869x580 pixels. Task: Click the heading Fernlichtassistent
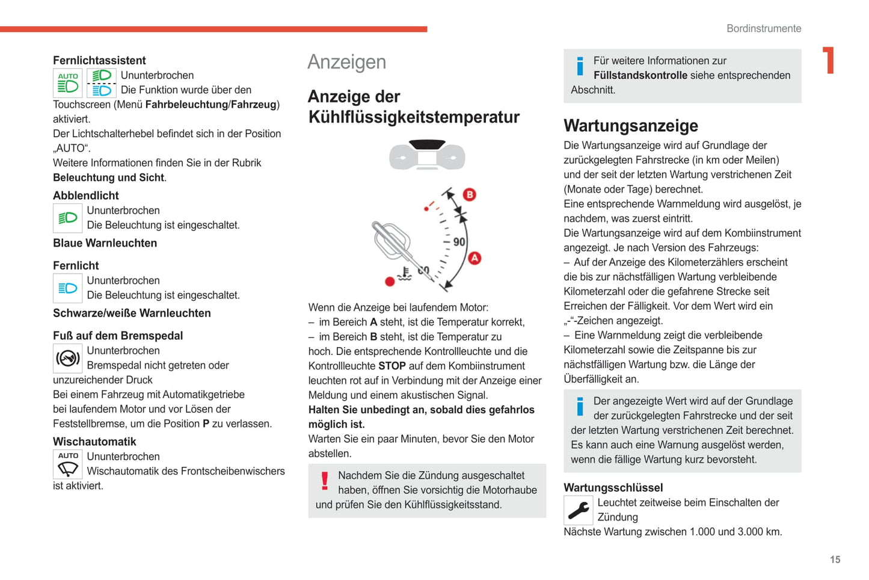[x=99, y=60]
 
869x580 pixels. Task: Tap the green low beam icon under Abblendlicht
[x=68, y=218]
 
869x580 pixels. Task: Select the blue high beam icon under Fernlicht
[x=68, y=288]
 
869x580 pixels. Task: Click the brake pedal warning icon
[x=68, y=359]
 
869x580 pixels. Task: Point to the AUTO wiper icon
[x=68, y=464]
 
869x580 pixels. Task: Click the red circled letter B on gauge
[x=470, y=194]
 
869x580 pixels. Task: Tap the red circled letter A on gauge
[x=474, y=258]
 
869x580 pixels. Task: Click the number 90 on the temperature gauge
[x=459, y=242]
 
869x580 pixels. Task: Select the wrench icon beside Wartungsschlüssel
[x=579, y=510]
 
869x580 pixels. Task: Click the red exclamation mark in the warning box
[x=325, y=481]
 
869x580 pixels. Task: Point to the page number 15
[x=835, y=560]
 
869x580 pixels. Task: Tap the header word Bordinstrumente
[x=763, y=28]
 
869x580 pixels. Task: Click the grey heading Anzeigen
[x=346, y=62]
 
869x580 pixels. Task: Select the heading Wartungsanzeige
[x=630, y=126]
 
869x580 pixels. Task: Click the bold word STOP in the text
[x=392, y=366]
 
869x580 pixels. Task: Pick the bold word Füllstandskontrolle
[x=640, y=75]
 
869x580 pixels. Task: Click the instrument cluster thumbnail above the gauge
[x=427, y=155]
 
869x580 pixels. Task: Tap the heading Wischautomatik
[x=94, y=442]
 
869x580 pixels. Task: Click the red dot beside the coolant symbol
[x=390, y=282]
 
